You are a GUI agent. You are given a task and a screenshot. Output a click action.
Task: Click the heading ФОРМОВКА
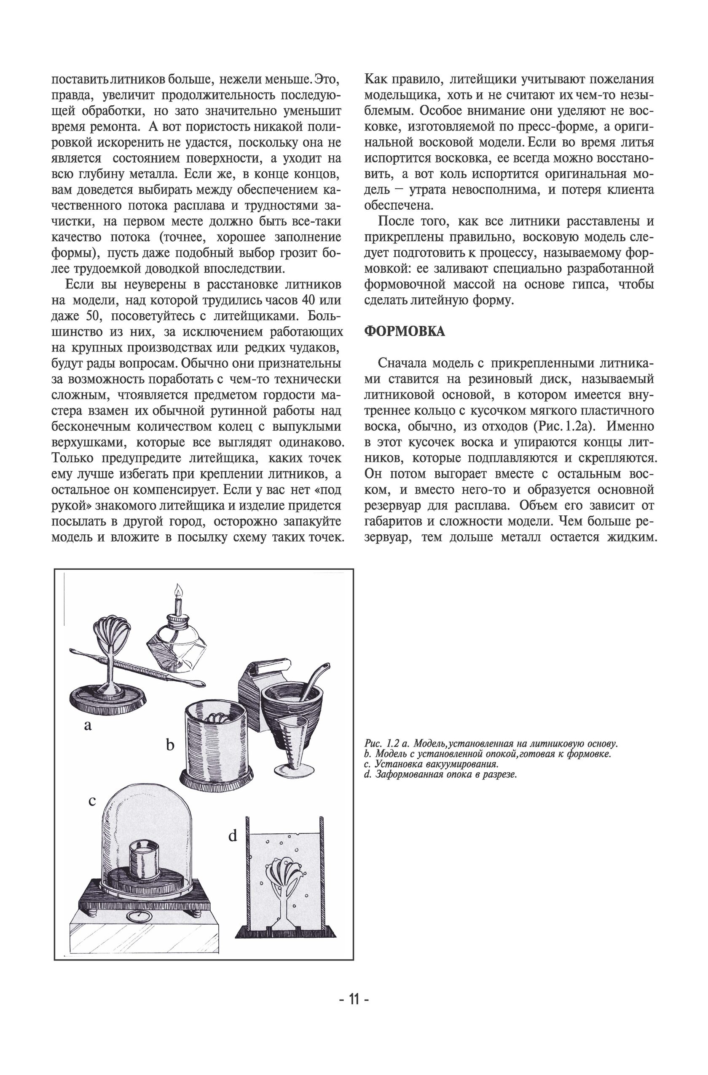point(404,331)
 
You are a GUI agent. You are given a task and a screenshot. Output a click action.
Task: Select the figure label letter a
point(88,726)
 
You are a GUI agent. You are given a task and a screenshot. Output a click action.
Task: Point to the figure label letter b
point(170,744)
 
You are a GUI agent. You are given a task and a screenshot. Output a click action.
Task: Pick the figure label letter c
point(92,801)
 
